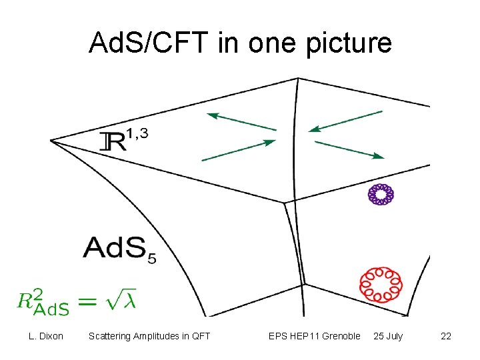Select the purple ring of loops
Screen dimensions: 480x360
pyautogui.click(x=381, y=194)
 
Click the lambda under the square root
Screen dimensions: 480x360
pyautogui.click(x=129, y=301)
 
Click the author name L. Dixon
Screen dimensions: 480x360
pyautogui.click(x=46, y=336)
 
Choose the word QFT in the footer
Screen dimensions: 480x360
pyautogui.click(x=200, y=336)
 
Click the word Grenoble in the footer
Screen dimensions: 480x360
pyautogui.click(x=341, y=336)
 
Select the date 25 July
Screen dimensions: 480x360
pyautogui.click(x=388, y=336)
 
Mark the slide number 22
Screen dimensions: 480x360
pyautogui.click(x=446, y=336)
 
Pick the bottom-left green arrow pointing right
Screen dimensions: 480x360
pyautogui.click(x=238, y=150)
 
